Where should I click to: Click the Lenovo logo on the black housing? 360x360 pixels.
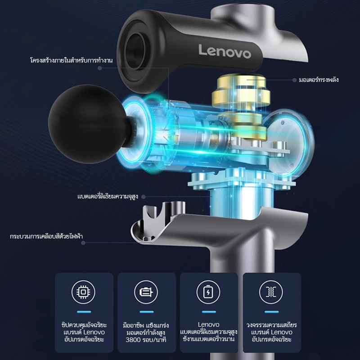click(225, 51)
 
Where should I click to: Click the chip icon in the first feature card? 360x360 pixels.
click(83, 292)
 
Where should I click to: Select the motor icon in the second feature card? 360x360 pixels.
click(146, 292)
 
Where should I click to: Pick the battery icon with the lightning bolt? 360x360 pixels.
click(208, 292)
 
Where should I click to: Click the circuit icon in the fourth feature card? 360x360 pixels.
click(271, 292)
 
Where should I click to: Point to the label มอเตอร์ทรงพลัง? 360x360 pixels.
click(319, 80)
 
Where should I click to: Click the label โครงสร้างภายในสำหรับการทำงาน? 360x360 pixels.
click(72, 60)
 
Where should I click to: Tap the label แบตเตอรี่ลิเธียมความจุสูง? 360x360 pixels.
click(108, 197)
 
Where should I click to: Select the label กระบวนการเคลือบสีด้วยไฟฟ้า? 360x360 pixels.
click(46, 236)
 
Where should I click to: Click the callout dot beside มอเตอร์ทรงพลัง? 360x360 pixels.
click(295, 80)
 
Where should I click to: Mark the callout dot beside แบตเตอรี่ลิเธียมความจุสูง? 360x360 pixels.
click(144, 197)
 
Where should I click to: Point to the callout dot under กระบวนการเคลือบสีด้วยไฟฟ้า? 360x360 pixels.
click(83, 243)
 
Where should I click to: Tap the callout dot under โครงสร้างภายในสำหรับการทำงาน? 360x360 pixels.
click(99, 68)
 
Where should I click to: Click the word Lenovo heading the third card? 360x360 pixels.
click(208, 324)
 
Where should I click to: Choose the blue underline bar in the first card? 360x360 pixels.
click(84, 312)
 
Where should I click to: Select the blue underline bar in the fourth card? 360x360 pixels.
click(272, 312)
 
